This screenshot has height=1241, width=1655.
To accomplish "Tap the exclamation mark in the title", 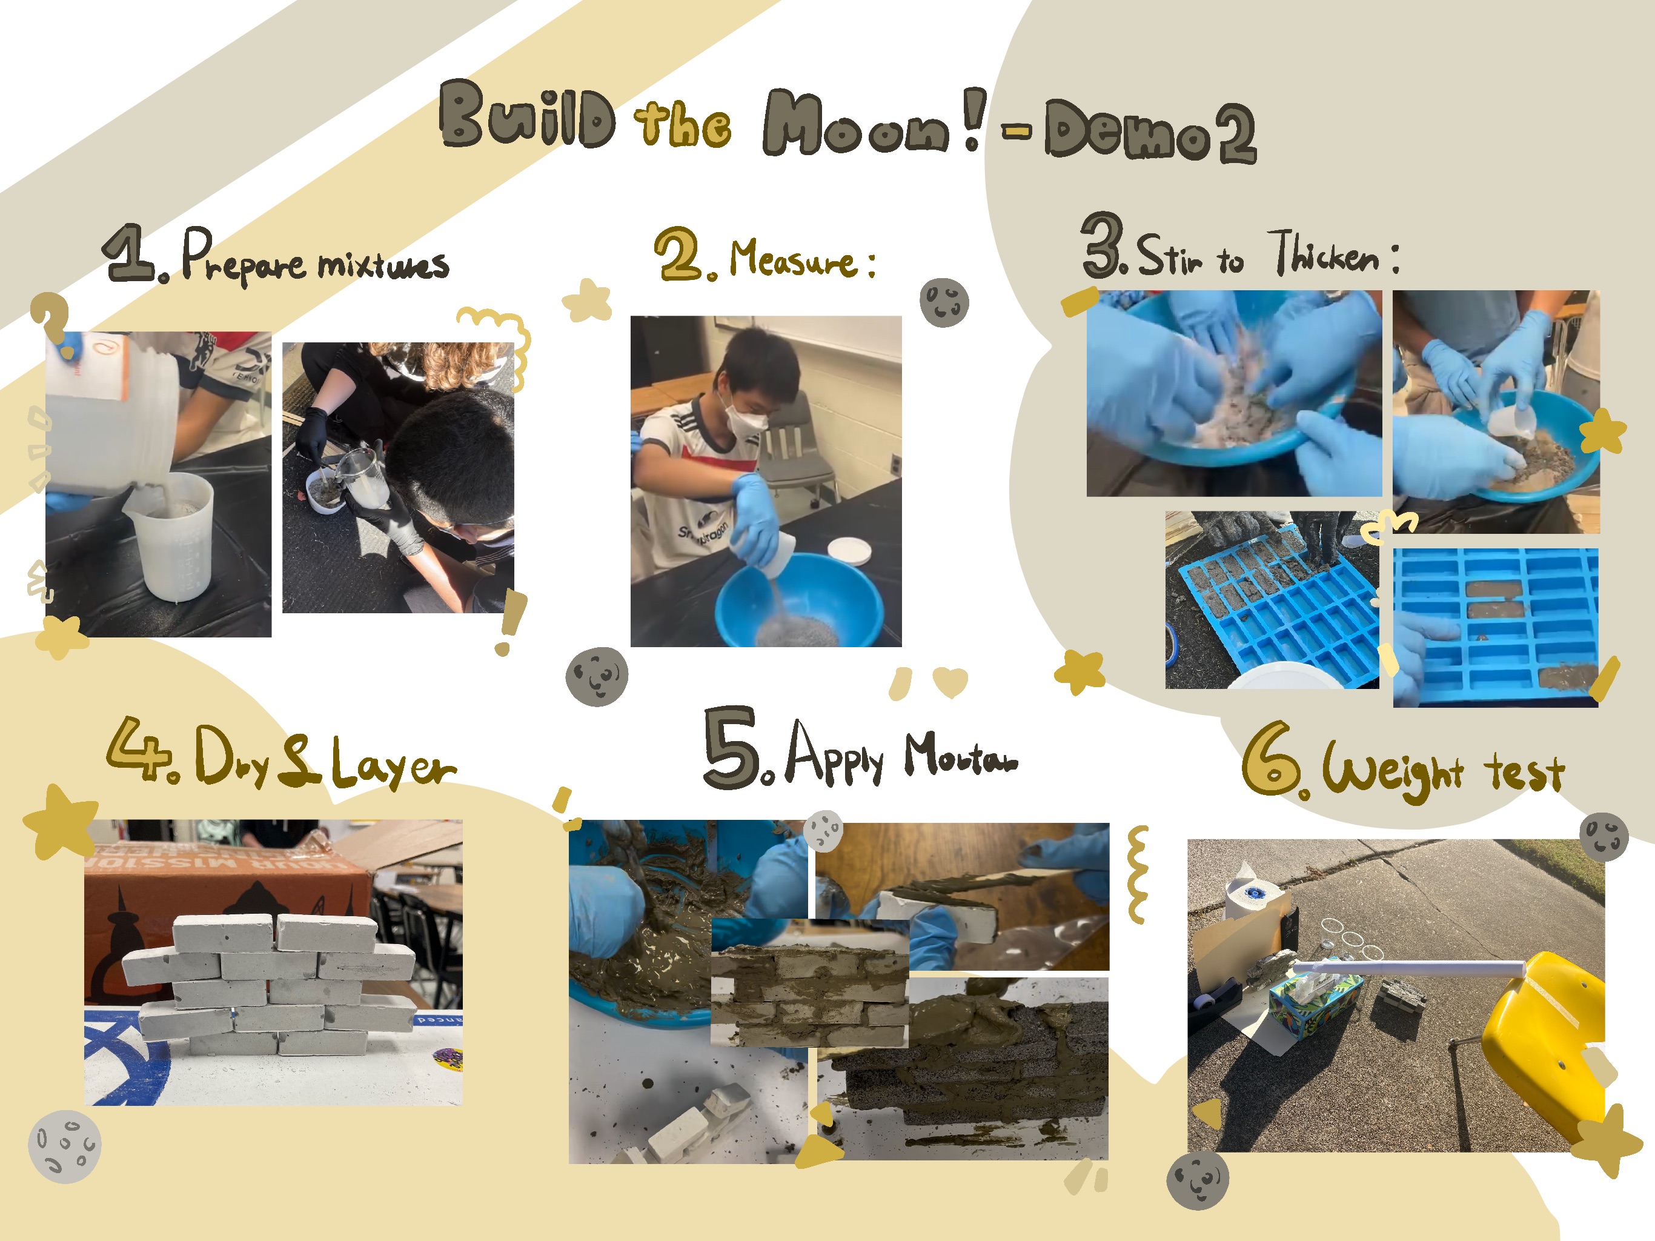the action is click(x=973, y=118).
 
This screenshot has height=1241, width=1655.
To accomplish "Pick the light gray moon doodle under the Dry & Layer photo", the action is click(x=64, y=1146).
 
